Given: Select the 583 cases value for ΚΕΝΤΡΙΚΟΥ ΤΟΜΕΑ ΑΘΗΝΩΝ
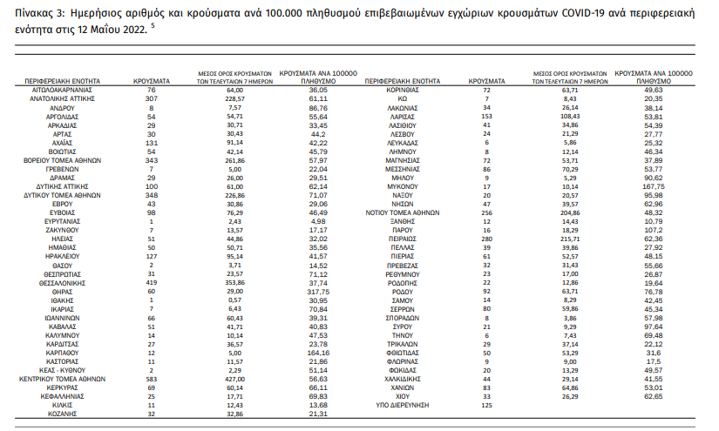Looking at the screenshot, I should (152, 380).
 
